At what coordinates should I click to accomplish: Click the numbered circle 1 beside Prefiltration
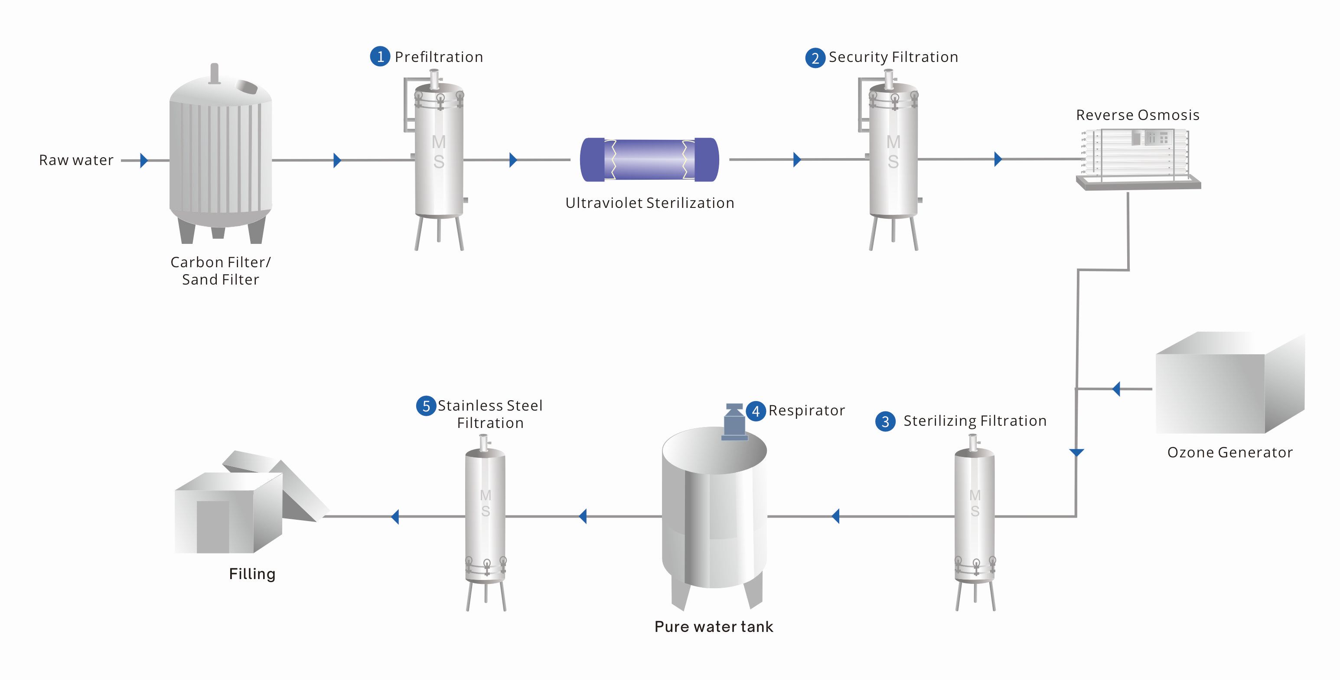380,56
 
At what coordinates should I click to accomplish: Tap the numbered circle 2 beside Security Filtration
815,58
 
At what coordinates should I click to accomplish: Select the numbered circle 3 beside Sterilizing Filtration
885,421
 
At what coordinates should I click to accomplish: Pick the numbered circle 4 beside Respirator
755,411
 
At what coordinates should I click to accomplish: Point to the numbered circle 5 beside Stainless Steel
426,406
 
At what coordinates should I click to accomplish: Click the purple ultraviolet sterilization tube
649,159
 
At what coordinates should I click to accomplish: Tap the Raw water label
76,160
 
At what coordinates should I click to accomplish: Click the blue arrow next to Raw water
144,160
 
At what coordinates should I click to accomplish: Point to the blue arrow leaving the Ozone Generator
1116,389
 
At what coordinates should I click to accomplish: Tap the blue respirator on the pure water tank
734,421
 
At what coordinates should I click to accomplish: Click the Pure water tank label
713,626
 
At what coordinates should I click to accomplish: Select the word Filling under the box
252,574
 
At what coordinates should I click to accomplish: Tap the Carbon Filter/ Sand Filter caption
221,271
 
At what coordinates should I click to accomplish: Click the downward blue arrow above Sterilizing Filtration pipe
1076,452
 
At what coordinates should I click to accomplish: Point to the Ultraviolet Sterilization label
649,203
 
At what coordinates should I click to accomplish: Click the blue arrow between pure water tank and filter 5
583,516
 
